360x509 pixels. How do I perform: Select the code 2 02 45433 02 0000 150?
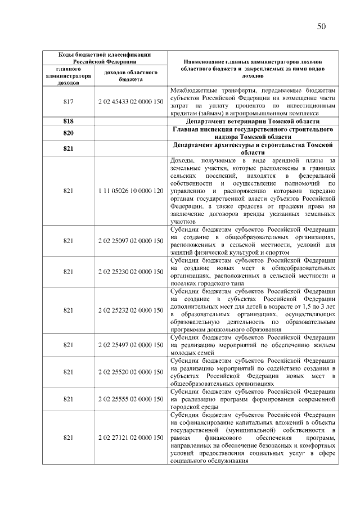coord(130,102)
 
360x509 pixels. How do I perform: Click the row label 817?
coord(69,102)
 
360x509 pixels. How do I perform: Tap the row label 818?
coord(69,121)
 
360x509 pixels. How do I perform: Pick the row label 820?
coord(69,133)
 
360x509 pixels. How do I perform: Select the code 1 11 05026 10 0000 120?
coord(130,191)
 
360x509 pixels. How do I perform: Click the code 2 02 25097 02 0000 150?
coord(130,241)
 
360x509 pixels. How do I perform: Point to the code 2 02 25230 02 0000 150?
coord(130,272)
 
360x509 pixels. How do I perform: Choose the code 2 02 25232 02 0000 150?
coord(130,310)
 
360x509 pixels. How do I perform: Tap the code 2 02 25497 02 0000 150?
coord(130,345)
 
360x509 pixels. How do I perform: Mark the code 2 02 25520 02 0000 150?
coord(130,372)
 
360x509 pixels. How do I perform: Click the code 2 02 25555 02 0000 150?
coord(130,399)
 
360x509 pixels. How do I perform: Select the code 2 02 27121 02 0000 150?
coord(130,438)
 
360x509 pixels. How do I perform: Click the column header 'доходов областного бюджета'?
coord(130,76)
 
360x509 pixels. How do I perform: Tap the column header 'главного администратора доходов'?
coord(69,76)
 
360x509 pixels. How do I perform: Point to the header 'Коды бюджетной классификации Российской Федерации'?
coord(98,57)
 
